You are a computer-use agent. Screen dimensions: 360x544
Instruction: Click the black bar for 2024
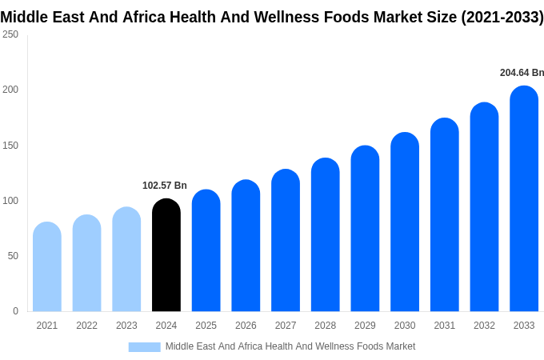[x=166, y=255]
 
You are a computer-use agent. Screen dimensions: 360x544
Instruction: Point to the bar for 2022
[x=86, y=263]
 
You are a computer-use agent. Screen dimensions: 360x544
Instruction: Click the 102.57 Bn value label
[x=165, y=186]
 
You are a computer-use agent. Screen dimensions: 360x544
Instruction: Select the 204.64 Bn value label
[x=522, y=73]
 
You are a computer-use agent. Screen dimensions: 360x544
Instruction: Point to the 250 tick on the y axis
[x=10, y=34]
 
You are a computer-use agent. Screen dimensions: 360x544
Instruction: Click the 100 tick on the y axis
[x=10, y=201]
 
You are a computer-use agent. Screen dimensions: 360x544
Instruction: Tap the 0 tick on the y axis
[x=15, y=311]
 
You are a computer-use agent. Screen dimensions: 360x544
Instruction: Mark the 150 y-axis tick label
[x=10, y=146]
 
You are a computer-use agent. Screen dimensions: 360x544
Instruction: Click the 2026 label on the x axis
[x=246, y=326]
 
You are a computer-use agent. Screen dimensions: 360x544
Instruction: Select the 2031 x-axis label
[x=445, y=326]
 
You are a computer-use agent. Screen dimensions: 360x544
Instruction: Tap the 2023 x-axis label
[x=126, y=326]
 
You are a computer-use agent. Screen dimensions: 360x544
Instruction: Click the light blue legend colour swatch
[x=144, y=346]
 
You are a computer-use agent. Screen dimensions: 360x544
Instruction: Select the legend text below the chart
[x=290, y=346]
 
